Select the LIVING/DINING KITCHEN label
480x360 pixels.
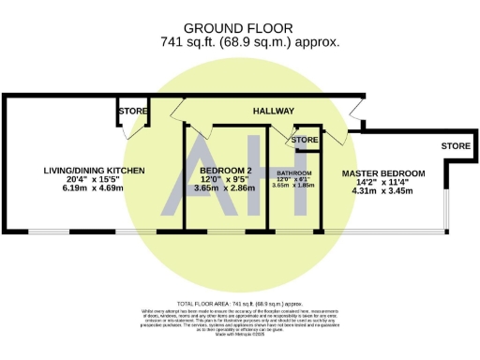pyautogui.click(x=95, y=171)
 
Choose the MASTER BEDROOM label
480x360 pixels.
pyautogui.click(x=382, y=174)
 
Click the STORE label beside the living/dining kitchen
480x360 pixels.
pyautogui.click(x=132, y=112)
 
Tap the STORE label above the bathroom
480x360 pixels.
pyautogui.click(x=305, y=141)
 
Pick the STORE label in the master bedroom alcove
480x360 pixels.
pyautogui.click(x=456, y=146)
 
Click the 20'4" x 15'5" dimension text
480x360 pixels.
pyautogui.click(x=96, y=180)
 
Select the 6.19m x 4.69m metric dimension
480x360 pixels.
pyautogui.click(x=96, y=189)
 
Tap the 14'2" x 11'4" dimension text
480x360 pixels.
pyautogui.click(x=382, y=184)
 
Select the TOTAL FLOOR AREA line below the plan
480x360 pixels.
pyautogui.click(x=239, y=306)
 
